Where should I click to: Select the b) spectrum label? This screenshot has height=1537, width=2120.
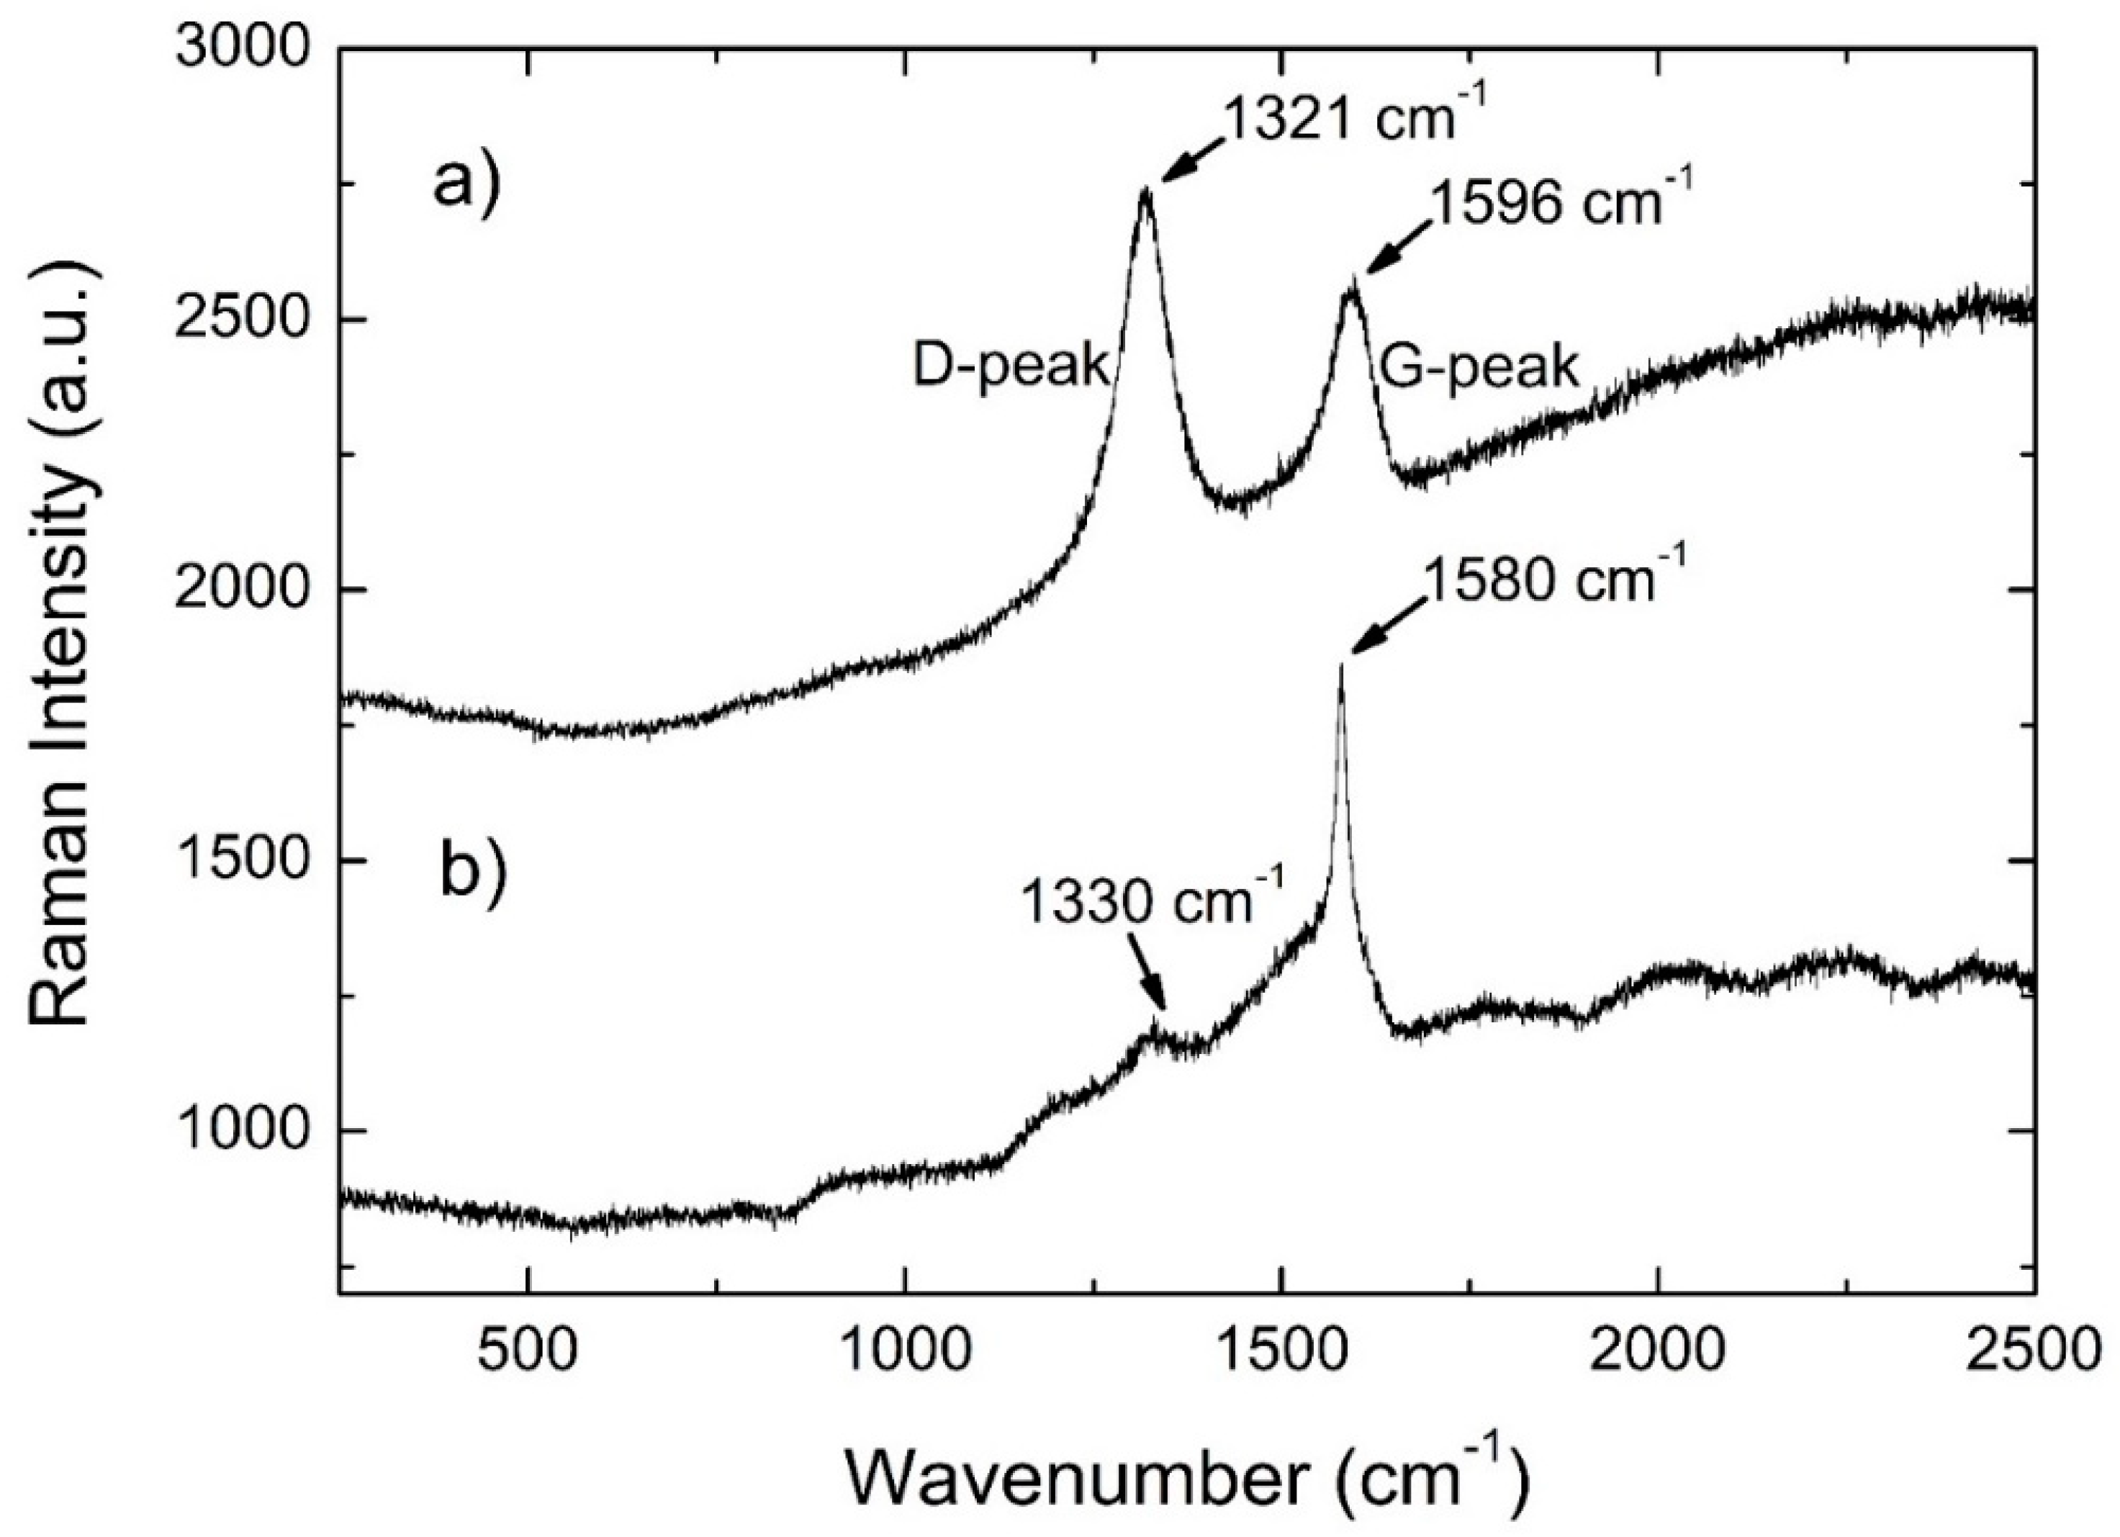[473, 873]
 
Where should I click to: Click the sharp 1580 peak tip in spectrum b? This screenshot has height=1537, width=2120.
[1340, 666]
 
